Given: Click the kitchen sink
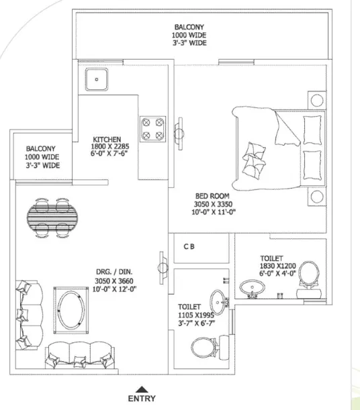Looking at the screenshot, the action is pyautogui.click(x=97, y=79).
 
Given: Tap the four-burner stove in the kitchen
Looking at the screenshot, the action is pyautogui.click(x=152, y=129).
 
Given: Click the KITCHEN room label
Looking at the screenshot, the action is pyautogui.click(x=107, y=140).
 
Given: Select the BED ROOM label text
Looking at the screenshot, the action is pyautogui.click(x=212, y=196).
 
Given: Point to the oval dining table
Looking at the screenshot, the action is pyautogui.click(x=52, y=217).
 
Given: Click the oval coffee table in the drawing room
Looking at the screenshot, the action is pyautogui.click(x=71, y=310).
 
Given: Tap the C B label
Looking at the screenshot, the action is pyautogui.click(x=189, y=246).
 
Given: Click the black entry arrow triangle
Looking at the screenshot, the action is pyautogui.click(x=142, y=389).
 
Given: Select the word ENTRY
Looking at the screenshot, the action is pyautogui.click(x=142, y=398).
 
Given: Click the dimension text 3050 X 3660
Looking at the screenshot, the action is pyautogui.click(x=114, y=281).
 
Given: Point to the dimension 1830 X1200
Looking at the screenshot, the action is pyautogui.click(x=277, y=266).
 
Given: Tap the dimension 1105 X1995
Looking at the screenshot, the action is pyautogui.click(x=196, y=315).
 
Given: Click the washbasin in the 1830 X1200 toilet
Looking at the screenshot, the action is pyautogui.click(x=253, y=288).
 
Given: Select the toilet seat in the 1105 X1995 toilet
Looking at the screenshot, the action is pyautogui.click(x=204, y=347).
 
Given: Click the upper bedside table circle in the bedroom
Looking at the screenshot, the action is pyautogui.click(x=317, y=101).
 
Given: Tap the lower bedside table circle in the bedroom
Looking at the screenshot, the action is pyautogui.click(x=317, y=197).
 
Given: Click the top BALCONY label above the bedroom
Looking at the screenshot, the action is pyautogui.click(x=189, y=27).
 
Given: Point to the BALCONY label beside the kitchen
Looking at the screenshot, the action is pyautogui.click(x=41, y=149).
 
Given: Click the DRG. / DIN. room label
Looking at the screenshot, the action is pyautogui.click(x=114, y=272).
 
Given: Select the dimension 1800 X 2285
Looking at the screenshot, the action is pyautogui.click(x=110, y=146).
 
